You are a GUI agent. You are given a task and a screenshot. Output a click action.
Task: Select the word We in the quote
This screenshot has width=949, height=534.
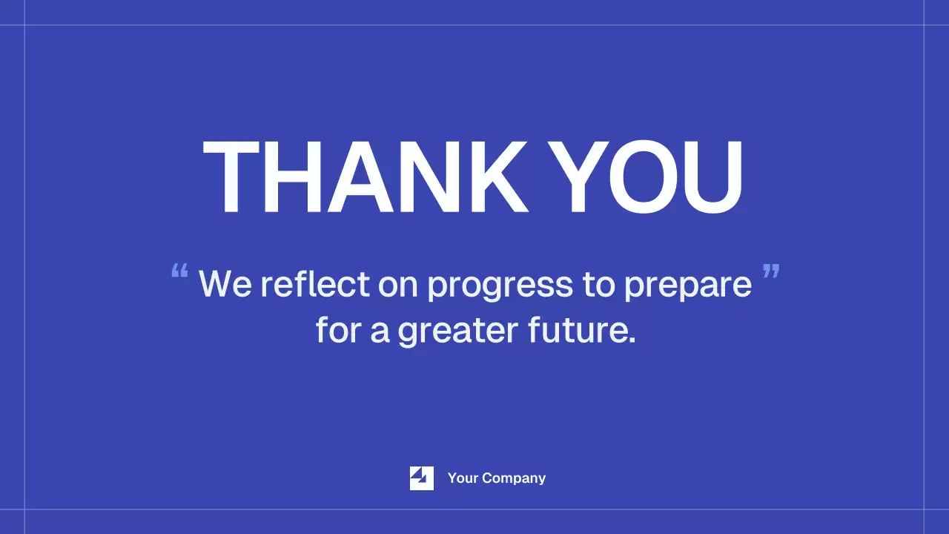tap(225, 284)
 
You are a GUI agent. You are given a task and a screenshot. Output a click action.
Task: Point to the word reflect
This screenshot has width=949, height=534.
tap(315, 284)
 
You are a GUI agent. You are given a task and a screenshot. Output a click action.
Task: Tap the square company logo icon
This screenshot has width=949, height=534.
tap(422, 478)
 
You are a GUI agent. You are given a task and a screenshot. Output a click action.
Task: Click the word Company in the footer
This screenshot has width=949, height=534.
tap(515, 479)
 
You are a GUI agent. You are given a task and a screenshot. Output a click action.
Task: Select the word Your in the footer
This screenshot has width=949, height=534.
tap(463, 478)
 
